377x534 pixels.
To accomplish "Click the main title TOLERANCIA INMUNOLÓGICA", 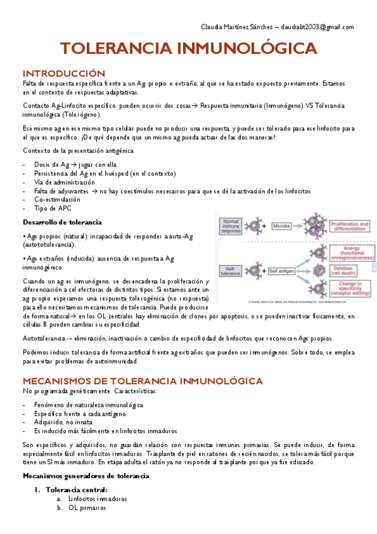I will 188,49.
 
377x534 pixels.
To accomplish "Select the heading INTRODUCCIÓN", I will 63,73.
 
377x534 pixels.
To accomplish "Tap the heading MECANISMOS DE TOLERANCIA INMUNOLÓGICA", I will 142,381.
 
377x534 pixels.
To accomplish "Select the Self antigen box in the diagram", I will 283,270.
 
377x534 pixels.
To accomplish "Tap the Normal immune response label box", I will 230,225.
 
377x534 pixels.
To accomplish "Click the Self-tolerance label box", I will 230,270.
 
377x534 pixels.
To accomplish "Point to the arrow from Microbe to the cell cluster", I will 300,225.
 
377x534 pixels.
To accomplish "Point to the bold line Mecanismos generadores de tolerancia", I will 86,475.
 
